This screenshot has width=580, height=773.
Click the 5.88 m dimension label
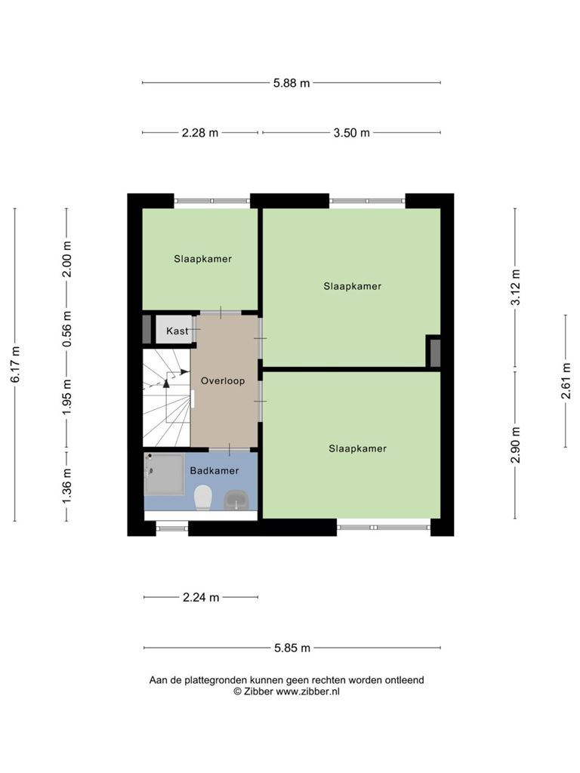click(x=292, y=83)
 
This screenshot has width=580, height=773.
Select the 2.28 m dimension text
click(x=199, y=133)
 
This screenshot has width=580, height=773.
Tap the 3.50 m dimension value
click(x=351, y=133)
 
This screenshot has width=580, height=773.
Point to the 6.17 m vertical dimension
click(x=15, y=365)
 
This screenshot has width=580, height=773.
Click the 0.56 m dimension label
click(x=66, y=328)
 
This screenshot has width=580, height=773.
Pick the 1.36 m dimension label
click(x=66, y=487)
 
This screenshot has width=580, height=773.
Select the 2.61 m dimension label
click(x=566, y=380)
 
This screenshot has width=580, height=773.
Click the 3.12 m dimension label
click(x=515, y=288)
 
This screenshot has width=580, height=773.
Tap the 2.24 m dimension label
click(x=201, y=598)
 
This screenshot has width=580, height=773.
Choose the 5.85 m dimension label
click(x=292, y=648)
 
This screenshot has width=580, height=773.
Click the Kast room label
click(x=177, y=331)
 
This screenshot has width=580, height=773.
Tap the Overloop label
click(x=223, y=380)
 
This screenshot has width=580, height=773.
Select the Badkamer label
click(x=214, y=471)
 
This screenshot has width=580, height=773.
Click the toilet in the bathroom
click(x=202, y=497)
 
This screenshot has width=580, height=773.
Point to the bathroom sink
click(x=236, y=500)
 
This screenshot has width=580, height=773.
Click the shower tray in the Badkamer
click(x=164, y=474)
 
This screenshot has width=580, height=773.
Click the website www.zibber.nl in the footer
click(x=308, y=691)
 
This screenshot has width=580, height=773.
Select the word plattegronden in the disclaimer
click(x=214, y=680)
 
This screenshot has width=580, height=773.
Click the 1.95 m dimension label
click(x=66, y=396)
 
